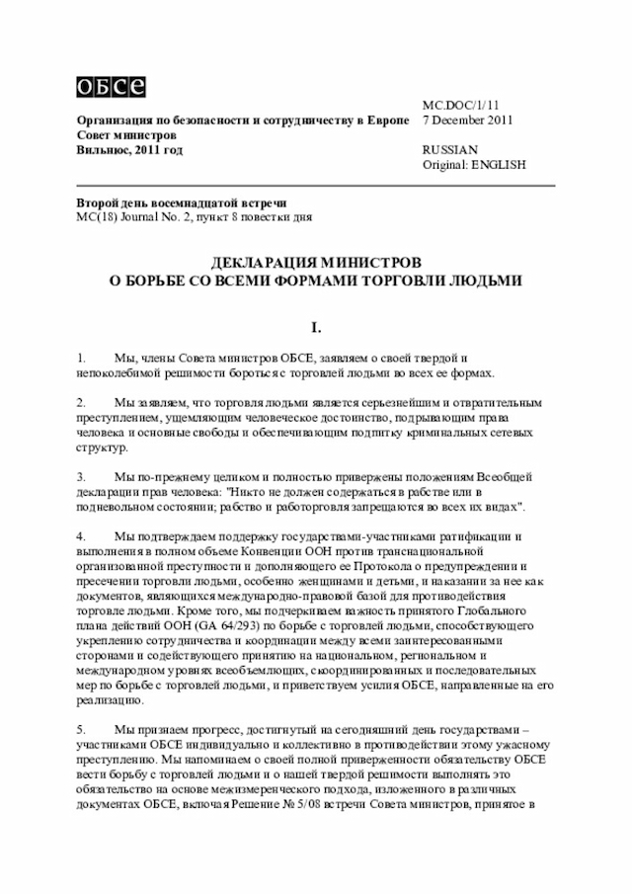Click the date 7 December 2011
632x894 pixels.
point(467,121)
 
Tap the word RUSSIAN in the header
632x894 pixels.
point(449,149)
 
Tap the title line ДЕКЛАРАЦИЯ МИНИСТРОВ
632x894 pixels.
point(315,264)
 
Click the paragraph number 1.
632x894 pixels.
point(81,357)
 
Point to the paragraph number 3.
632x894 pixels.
point(81,477)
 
